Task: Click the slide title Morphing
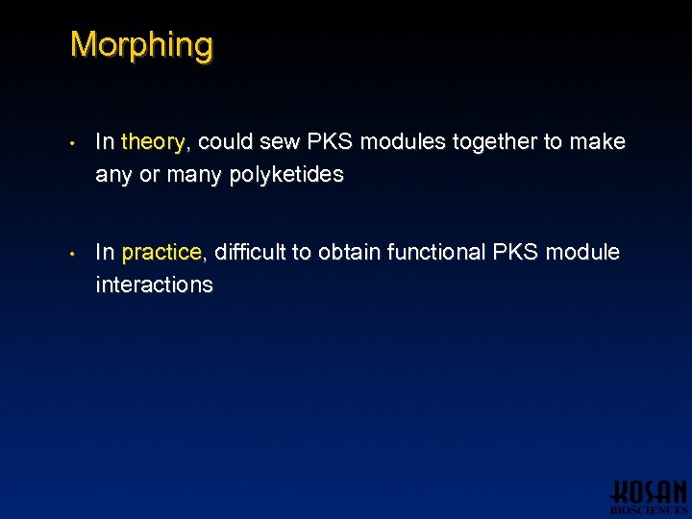[x=141, y=45]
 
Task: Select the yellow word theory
[x=154, y=142]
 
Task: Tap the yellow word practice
[x=161, y=253]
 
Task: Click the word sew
[x=279, y=142]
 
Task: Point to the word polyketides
[x=286, y=175]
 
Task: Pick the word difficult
[x=251, y=253]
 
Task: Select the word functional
[x=434, y=253]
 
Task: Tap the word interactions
[x=154, y=285]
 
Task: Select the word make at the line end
[x=597, y=142]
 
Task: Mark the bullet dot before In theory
[x=73, y=144]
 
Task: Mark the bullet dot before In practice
[x=73, y=255]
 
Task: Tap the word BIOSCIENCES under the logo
[x=649, y=510]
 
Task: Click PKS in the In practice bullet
[x=515, y=253]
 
